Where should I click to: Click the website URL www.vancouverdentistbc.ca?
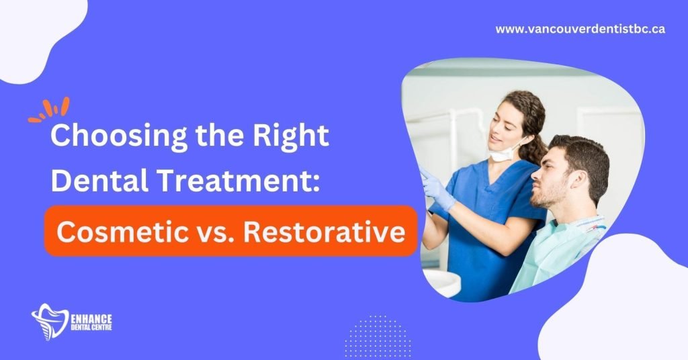pyautogui.click(x=580, y=29)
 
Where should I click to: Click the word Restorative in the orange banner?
pyautogui.click(x=325, y=232)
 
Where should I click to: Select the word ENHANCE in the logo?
pyautogui.click(x=91, y=318)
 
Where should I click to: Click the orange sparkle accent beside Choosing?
pyautogui.click(x=50, y=109)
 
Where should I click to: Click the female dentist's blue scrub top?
pyautogui.click(x=487, y=228)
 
